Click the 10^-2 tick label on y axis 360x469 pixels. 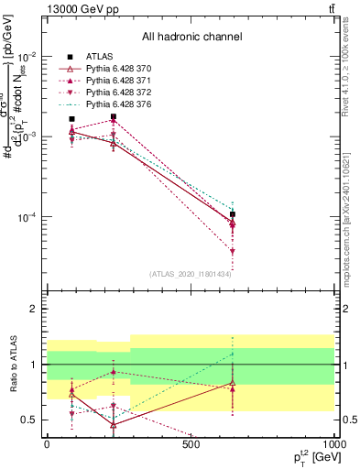27,56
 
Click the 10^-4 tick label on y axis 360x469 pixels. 27,218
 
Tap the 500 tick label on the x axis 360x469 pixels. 191,444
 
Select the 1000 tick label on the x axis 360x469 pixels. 333,444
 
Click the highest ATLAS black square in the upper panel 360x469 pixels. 113,117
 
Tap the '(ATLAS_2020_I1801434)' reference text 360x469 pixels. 190,273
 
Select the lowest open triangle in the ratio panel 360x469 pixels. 113,425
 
